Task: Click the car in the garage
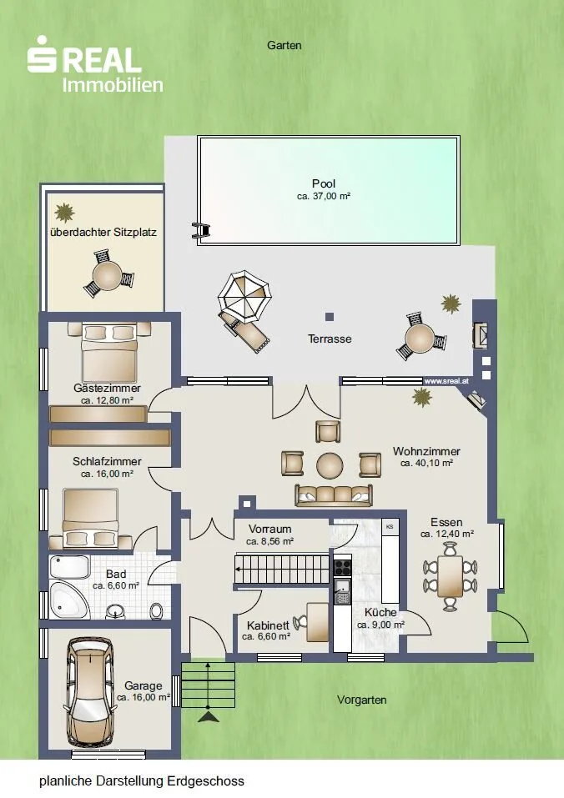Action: pyautogui.click(x=89, y=692)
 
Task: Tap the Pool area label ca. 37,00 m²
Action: pyautogui.click(x=324, y=197)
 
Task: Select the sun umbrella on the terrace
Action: pyautogui.click(x=244, y=297)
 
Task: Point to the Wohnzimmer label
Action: pyautogui.click(x=426, y=451)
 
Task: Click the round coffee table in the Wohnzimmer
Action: pyautogui.click(x=330, y=465)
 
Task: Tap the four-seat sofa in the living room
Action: pyautogui.click(x=334, y=495)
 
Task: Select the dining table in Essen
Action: pyautogui.click(x=450, y=576)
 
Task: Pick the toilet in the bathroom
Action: pyautogui.click(x=158, y=610)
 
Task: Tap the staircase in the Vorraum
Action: pyautogui.click(x=281, y=570)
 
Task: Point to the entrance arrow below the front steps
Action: pyautogui.click(x=209, y=716)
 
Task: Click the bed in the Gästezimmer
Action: pyautogui.click(x=109, y=354)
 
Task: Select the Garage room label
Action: pyautogui.click(x=143, y=685)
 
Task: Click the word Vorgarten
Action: pyautogui.click(x=361, y=700)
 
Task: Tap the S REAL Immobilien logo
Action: pyautogui.click(x=95, y=65)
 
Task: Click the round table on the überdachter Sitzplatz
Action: pyautogui.click(x=108, y=275)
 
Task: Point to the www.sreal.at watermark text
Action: pyautogui.click(x=446, y=381)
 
